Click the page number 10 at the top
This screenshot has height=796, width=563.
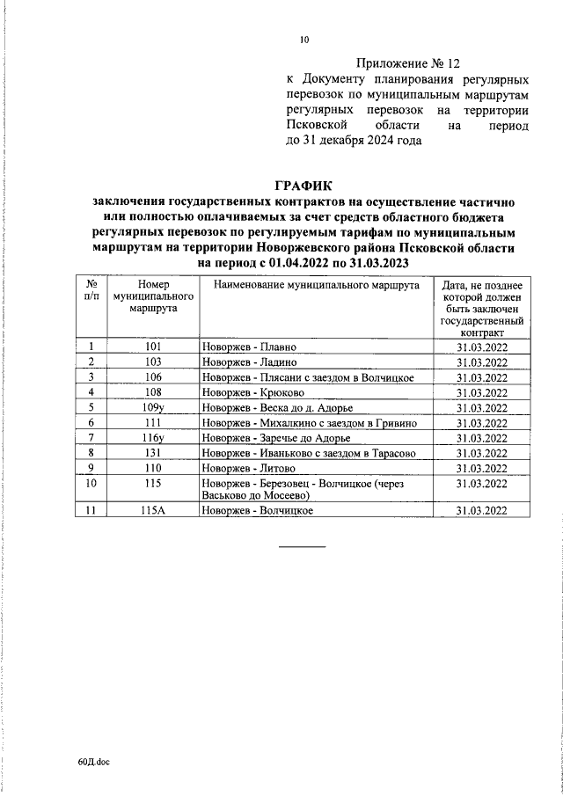tap(304, 39)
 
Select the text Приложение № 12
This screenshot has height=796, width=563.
tap(407, 63)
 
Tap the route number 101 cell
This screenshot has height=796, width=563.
tap(152, 347)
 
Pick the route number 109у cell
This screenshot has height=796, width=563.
tap(153, 407)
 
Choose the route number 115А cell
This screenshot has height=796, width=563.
tap(153, 511)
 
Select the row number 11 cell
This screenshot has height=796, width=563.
tap(91, 511)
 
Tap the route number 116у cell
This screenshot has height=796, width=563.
tap(153, 438)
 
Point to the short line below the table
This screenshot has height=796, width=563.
tap(302, 547)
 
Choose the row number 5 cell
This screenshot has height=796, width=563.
tap(91, 407)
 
